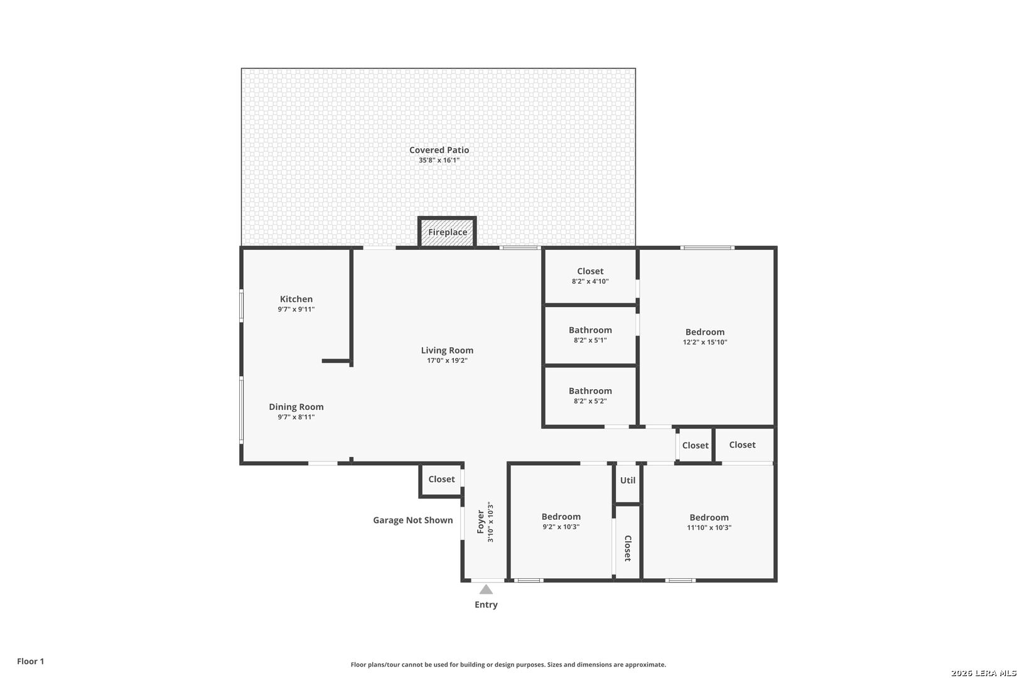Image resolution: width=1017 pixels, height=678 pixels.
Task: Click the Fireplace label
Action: pyautogui.click(x=447, y=232)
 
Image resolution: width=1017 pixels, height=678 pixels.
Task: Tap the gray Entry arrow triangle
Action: pyautogui.click(x=486, y=589)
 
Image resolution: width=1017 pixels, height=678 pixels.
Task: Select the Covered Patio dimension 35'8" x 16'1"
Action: pyautogui.click(x=439, y=160)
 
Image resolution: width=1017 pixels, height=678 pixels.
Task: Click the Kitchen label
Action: pyautogui.click(x=296, y=299)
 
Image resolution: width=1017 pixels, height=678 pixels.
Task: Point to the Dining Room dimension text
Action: pyautogui.click(x=296, y=417)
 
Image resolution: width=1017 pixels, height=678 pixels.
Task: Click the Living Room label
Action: pyautogui.click(x=447, y=350)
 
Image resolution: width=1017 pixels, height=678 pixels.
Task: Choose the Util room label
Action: pyautogui.click(x=627, y=480)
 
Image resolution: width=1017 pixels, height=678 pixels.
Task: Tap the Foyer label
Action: pyautogui.click(x=480, y=522)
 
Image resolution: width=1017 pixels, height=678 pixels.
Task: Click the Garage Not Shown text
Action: pyautogui.click(x=412, y=520)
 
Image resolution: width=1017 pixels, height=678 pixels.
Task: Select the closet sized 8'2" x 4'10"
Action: pyautogui.click(x=590, y=271)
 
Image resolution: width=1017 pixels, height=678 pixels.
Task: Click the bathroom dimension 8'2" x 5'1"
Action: pyautogui.click(x=590, y=340)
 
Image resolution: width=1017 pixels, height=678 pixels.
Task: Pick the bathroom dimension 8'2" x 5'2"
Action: pyautogui.click(x=590, y=401)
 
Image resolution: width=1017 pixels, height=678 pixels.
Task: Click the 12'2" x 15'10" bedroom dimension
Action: pyautogui.click(x=704, y=342)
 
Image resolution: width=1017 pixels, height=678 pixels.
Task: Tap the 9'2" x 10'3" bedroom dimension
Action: pyautogui.click(x=561, y=527)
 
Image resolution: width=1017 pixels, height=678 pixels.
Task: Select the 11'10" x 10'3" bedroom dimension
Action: pyautogui.click(x=709, y=527)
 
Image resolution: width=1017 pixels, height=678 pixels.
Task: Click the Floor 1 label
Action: pyautogui.click(x=30, y=661)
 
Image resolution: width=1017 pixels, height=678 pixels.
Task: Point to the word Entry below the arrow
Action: pyautogui.click(x=486, y=605)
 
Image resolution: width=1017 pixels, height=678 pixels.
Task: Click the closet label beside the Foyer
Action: pyautogui.click(x=441, y=479)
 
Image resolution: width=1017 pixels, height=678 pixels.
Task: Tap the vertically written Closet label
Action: pyautogui.click(x=628, y=548)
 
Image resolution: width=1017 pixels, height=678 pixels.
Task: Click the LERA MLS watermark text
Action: pyautogui.click(x=983, y=673)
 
